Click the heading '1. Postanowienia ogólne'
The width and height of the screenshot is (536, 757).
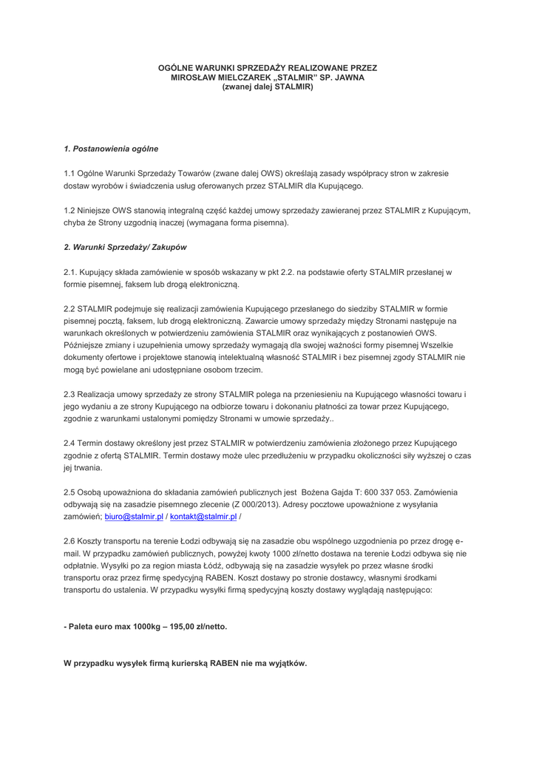coord(111,149)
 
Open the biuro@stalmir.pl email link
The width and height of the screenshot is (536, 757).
coord(134,516)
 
